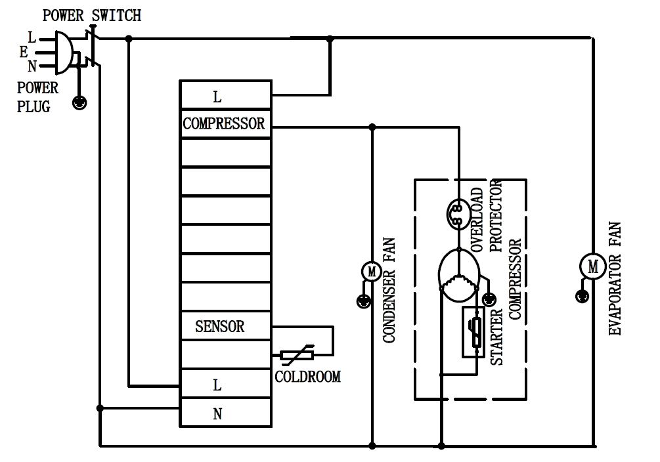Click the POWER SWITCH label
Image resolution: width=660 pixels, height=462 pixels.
coord(92,15)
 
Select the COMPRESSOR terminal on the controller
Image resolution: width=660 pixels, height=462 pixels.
coord(225,124)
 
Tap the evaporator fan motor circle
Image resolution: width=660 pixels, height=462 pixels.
coord(593,266)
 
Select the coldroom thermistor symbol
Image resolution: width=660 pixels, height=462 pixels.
coord(297,355)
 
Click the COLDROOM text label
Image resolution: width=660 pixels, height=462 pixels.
coord(307,377)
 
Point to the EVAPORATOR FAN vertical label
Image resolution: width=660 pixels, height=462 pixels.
coord(615,280)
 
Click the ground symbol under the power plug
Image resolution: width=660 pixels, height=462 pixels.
coord(79,102)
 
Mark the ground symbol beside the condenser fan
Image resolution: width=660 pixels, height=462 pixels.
coord(363,301)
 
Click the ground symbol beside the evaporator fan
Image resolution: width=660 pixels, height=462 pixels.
coord(581,297)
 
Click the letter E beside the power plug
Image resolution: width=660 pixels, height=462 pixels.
coord(24,51)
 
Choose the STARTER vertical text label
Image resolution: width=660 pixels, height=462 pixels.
coord(498,336)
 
